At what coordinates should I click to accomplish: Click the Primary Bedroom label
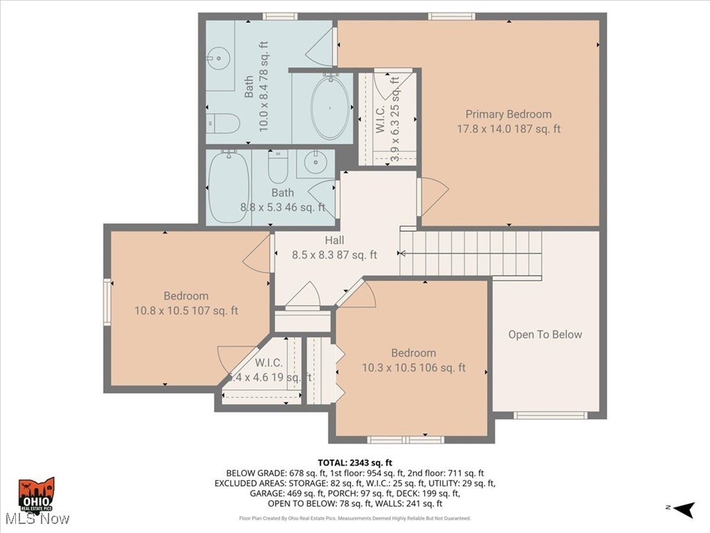(508, 115)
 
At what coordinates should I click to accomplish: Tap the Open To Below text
(545, 335)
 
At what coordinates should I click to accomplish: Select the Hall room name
(334, 240)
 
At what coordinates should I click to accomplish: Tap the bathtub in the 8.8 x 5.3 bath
(228, 187)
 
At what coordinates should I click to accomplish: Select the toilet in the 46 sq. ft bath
(277, 166)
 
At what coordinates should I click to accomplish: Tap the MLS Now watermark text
(37, 518)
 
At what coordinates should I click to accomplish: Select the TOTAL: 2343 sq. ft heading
(355, 462)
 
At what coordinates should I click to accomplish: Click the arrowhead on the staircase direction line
(403, 254)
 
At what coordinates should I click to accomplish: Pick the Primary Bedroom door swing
(432, 195)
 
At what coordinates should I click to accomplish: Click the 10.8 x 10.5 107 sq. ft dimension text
(186, 311)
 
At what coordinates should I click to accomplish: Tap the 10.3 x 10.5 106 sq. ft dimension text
(413, 368)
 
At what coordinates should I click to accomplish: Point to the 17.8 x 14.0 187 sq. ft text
(508, 129)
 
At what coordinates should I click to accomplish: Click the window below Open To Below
(550, 416)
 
